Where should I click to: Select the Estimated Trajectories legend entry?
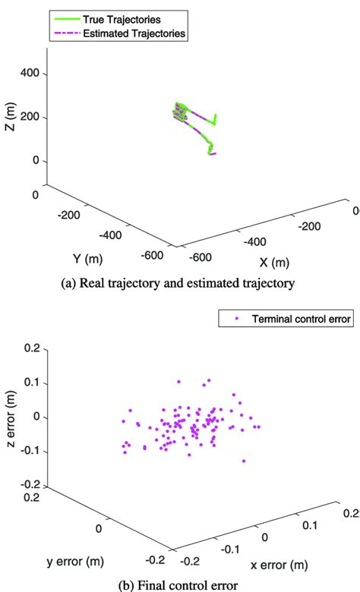[137, 33]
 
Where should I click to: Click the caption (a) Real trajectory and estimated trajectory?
[179, 284]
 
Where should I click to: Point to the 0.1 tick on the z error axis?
[30, 383]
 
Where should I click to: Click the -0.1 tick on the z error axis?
[28, 451]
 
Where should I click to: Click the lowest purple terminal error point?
[244, 461]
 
